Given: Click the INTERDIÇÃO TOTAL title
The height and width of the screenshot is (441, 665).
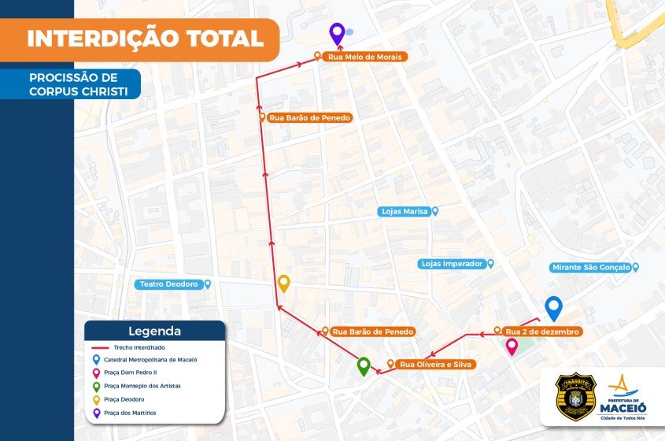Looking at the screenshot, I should [x=145, y=39].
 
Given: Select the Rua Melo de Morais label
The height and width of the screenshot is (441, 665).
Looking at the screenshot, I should [x=364, y=57].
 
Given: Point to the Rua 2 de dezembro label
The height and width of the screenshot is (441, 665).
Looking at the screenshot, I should [x=541, y=332].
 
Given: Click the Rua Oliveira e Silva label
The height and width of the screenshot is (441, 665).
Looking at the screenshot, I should [x=434, y=365].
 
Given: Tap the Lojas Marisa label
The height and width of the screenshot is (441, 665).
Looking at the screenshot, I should [x=408, y=211].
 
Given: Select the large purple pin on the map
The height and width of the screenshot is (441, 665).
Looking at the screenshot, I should [x=337, y=33].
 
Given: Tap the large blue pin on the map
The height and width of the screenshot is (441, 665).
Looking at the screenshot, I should [x=554, y=307].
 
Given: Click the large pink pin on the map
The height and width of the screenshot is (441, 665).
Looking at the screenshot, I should [x=512, y=346].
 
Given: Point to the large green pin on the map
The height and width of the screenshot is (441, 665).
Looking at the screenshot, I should [x=364, y=366].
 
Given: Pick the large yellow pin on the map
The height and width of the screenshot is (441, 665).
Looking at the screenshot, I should [x=284, y=283].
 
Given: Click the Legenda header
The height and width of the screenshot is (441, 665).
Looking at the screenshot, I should [x=154, y=332].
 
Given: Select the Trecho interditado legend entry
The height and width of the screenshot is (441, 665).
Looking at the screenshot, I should [x=134, y=347].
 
